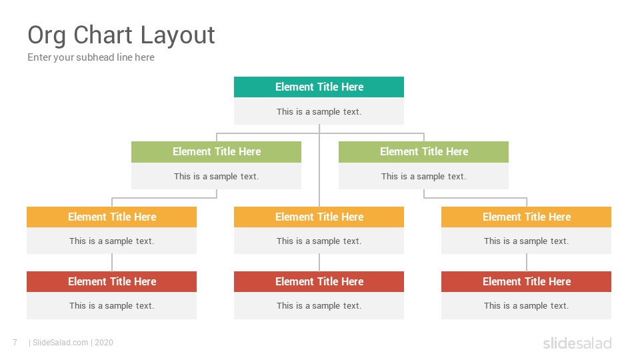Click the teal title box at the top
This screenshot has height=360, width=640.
pyautogui.click(x=319, y=87)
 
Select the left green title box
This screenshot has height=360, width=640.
pyautogui.click(x=216, y=152)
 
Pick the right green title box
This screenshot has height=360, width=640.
pyautogui.click(x=424, y=152)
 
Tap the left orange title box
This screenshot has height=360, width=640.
pyautogui.click(x=111, y=217)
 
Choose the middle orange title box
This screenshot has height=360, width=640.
pyautogui.click(x=319, y=217)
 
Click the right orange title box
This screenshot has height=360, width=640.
pyautogui.click(x=526, y=217)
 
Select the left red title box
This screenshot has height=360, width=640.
pyautogui.click(x=111, y=281)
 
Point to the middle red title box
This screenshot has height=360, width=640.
pyautogui.click(x=319, y=281)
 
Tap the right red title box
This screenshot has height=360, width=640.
pyautogui.click(x=526, y=281)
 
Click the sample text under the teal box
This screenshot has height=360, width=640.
pyautogui.click(x=319, y=112)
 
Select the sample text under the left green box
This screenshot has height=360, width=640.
pyautogui.click(x=216, y=176)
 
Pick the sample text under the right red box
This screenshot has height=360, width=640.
pyautogui.click(x=526, y=306)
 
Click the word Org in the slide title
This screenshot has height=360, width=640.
pyautogui.click(x=47, y=36)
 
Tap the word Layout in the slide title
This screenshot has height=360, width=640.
pyautogui.click(x=177, y=36)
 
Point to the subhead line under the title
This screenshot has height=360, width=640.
pyautogui.click(x=91, y=57)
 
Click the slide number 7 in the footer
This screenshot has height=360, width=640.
pyautogui.click(x=15, y=343)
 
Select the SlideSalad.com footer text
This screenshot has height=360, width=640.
pyautogui.click(x=71, y=343)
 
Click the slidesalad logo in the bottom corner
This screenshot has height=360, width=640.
pyautogui.click(x=577, y=343)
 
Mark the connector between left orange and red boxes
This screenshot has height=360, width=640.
pyautogui.click(x=112, y=263)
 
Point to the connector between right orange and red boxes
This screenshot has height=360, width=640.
pyautogui.click(x=527, y=263)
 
